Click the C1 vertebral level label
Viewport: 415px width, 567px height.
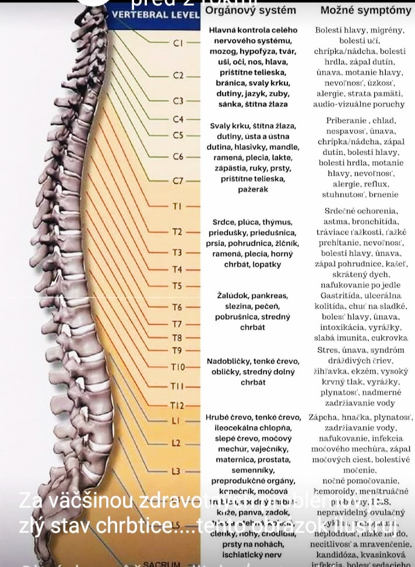click(178, 43)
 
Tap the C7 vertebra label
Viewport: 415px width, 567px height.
click(178, 180)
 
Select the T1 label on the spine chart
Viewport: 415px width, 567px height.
click(177, 206)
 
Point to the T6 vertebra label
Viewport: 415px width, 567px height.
click(177, 307)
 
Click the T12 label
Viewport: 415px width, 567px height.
click(177, 405)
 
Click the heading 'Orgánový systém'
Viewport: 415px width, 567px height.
click(251, 11)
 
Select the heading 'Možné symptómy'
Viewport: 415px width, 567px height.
click(365, 11)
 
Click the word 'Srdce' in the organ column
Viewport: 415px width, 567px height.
click(223, 222)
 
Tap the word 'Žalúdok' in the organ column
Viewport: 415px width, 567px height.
click(232, 296)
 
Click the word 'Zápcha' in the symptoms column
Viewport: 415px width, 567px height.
click(322, 418)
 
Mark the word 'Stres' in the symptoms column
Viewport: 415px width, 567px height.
click(328, 350)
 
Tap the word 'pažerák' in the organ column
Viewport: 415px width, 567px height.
click(254, 189)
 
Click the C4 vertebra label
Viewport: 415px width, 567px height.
click(178, 119)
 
